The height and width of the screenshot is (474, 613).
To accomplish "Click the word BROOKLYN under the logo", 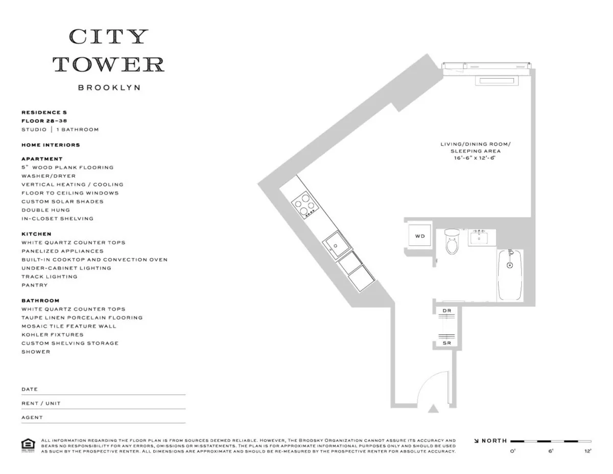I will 109,87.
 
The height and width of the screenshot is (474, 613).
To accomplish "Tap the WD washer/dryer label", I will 419,236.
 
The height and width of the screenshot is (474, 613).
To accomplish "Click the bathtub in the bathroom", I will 510,276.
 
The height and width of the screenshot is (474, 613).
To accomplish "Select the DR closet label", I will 446,311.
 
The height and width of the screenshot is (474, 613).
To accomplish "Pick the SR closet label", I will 446,343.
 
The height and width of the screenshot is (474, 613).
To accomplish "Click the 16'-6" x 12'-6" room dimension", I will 475,159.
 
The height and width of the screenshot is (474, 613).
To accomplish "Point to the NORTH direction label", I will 494,441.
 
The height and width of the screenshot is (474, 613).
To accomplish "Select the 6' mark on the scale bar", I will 550,452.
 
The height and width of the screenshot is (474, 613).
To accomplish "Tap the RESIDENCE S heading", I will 44,112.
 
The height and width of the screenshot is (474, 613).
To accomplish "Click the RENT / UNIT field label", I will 41,403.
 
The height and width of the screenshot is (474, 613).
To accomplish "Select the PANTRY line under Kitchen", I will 34,285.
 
